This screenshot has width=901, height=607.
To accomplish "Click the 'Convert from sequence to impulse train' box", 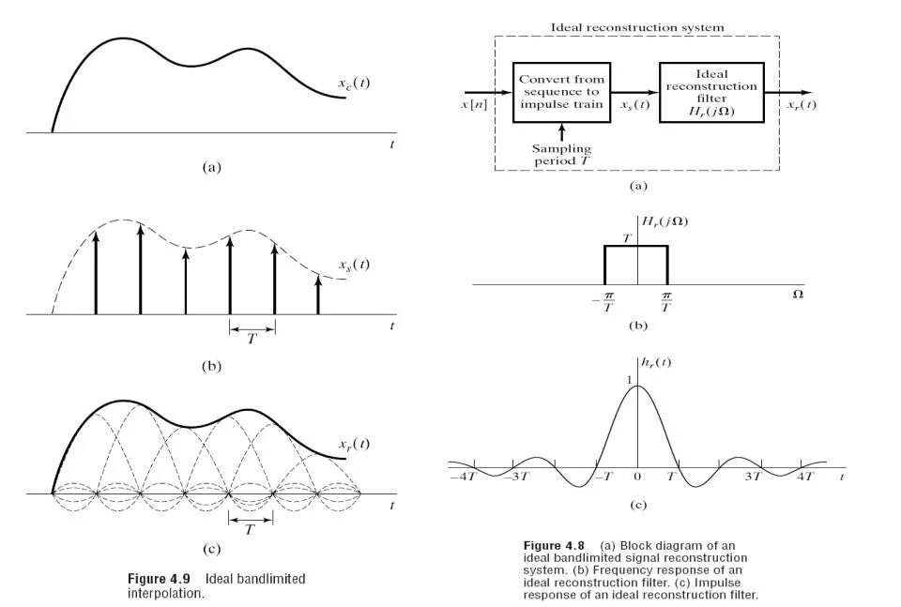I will tap(561, 92).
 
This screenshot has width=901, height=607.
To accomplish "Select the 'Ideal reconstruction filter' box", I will tap(711, 92).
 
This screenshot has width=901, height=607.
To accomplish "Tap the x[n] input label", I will tap(472, 104).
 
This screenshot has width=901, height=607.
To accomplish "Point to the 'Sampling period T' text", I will tap(561, 154).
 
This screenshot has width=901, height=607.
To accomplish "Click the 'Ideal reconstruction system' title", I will tap(637, 28).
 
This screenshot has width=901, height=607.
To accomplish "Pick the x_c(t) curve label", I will tap(354, 83).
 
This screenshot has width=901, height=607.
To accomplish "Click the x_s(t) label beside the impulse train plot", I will tap(354, 265).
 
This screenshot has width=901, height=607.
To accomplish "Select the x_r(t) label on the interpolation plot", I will tap(354, 444).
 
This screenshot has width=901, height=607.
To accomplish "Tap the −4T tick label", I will tap(464, 478).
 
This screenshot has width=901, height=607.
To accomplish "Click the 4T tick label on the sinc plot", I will tap(805, 478).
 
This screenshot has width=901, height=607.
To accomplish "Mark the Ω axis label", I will tap(798, 295).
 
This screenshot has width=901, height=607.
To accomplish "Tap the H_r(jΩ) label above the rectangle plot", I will tap(664, 221).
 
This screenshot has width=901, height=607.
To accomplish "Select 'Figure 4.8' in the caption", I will tap(554, 546).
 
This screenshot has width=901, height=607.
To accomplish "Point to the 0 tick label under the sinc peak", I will tap(637, 478).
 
